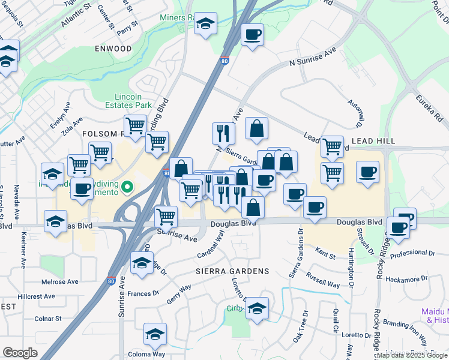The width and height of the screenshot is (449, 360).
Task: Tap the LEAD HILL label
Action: pyautogui.click(x=373, y=140)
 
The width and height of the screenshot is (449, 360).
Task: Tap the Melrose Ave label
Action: pyautogui.click(x=59, y=281)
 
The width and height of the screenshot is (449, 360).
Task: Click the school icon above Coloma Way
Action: pyautogui.click(x=155, y=335)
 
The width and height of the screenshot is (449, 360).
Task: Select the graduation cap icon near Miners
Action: pyautogui.click(x=206, y=23)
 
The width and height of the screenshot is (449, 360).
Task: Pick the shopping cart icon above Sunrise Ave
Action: pyautogui.click(x=166, y=215)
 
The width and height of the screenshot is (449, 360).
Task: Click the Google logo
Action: pyautogui.click(x=20, y=353)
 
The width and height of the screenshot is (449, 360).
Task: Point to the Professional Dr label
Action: pyautogui.click(x=412, y=254)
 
